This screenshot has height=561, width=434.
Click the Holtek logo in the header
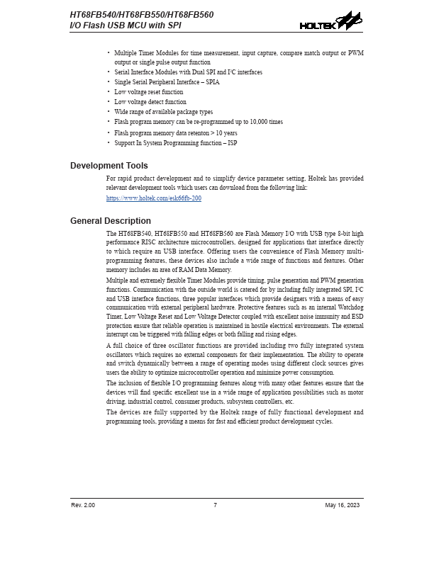click(x=330, y=21)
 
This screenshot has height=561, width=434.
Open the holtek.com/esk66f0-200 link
click(x=154, y=199)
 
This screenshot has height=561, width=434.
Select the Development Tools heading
click(x=109, y=166)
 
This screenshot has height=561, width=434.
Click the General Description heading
click(x=111, y=221)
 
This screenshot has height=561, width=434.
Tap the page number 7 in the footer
click(x=215, y=505)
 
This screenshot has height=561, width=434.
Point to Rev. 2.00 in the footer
click(x=83, y=505)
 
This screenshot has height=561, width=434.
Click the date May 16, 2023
click(x=343, y=505)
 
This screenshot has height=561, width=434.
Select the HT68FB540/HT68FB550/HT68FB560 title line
click(x=142, y=14)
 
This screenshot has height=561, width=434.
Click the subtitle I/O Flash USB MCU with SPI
click(x=124, y=25)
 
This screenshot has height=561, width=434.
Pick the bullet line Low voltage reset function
click(x=148, y=92)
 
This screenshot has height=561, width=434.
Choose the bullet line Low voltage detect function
click(x=150, y=102)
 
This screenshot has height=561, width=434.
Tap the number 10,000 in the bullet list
click(x=254, y=122)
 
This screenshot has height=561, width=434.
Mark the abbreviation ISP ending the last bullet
click(x=232, y=142)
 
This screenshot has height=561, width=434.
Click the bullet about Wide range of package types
click(x=163, y=112)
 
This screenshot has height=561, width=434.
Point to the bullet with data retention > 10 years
click(x=175, y=132)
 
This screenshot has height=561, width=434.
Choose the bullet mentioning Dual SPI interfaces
click(x=188, y=72)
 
